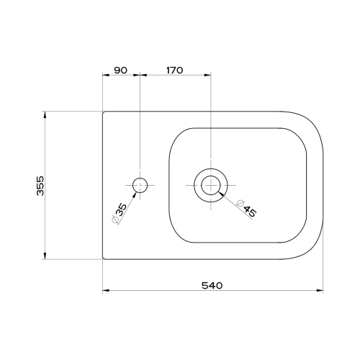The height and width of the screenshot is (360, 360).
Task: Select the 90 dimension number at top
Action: (120, 70)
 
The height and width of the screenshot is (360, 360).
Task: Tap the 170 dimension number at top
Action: (174, 70)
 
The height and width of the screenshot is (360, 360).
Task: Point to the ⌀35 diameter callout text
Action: (120, 214)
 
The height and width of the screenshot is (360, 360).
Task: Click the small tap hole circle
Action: (140, 185)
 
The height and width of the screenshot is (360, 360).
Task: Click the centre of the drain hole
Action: (210, 185)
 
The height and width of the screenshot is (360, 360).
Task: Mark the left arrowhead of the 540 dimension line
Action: (105, 291)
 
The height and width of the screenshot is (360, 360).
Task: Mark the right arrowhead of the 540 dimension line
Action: (320, 291)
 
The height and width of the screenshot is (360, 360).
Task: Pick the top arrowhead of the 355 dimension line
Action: (46, 114)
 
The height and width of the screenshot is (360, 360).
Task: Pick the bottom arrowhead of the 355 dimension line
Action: (46, 256)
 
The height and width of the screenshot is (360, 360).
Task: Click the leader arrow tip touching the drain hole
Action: (219, 193)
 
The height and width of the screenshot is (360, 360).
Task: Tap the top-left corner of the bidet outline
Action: (104, 112)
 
